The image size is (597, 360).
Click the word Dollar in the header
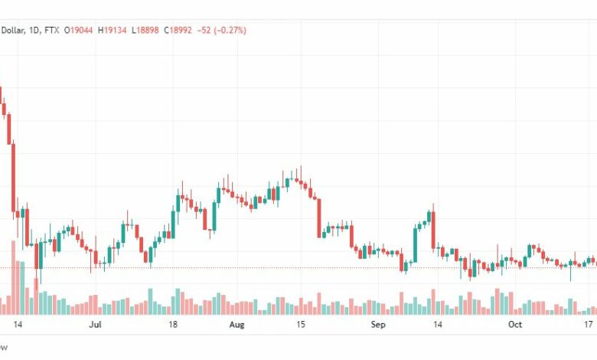(12, 30)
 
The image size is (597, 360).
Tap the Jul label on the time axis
(96, 325)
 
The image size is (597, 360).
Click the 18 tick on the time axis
(174, 325)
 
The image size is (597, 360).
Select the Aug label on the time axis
(237, 325)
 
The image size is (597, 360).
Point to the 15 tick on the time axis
(302, 325)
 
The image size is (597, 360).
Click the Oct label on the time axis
(515, 325)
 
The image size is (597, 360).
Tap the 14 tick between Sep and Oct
(439, 325)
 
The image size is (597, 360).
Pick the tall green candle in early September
(416, 245)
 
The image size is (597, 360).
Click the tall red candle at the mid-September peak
(432, 229)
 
